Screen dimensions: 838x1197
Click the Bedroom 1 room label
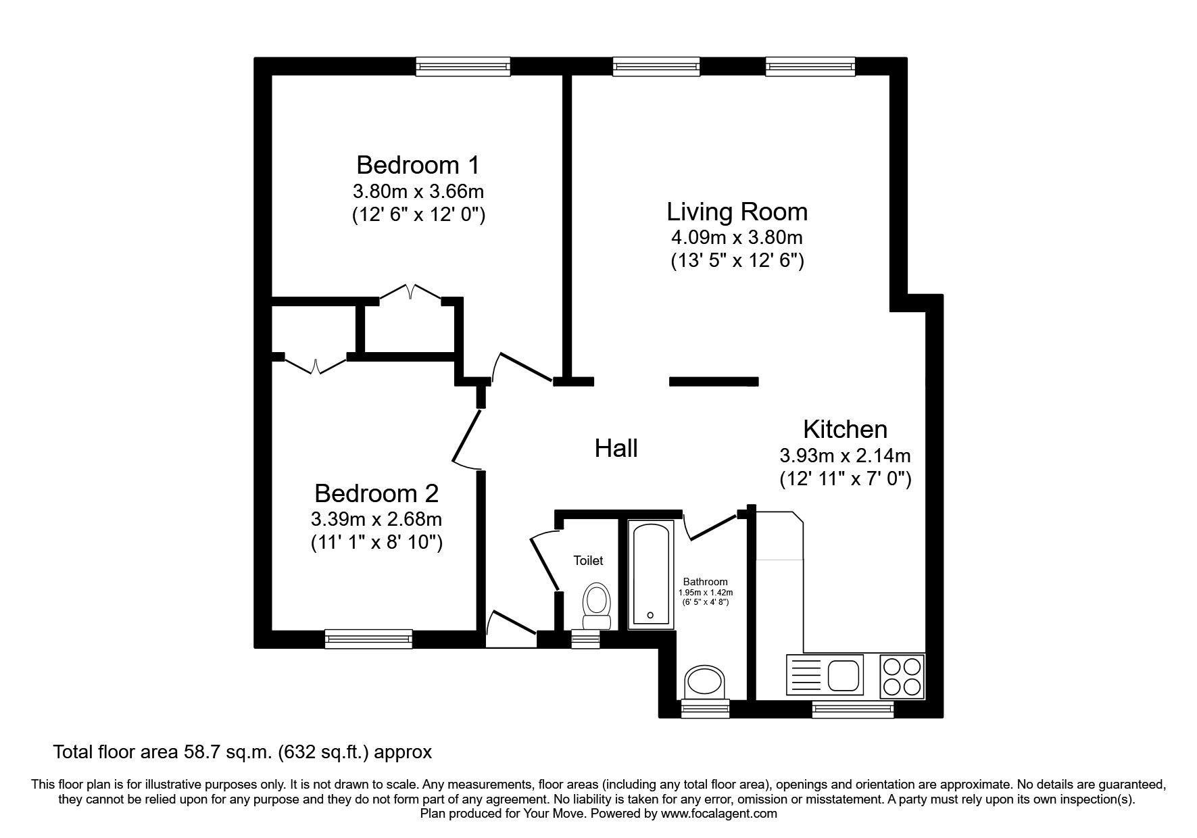418,165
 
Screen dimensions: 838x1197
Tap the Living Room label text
737,212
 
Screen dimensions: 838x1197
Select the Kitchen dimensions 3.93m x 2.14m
845,455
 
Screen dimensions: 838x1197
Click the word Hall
616,448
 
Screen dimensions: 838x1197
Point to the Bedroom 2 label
376,493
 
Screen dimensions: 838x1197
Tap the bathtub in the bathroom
651,573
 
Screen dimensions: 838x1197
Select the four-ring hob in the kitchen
902,676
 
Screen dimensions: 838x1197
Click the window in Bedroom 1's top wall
463,66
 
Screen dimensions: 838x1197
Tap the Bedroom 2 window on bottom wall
368,638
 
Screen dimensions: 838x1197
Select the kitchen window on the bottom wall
852,709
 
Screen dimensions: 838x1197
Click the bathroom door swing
710,527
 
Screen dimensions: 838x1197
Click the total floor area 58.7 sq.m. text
242,751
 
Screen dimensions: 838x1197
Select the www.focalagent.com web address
719,814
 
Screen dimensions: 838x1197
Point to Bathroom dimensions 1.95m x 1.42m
705,592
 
